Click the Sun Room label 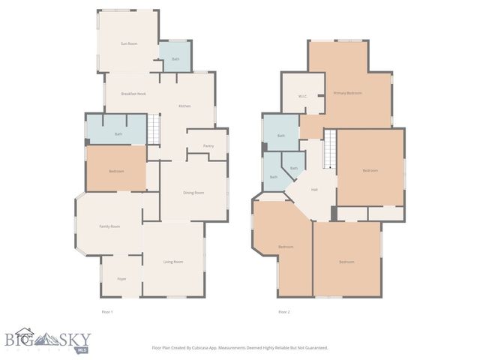pyautogui.click(x=129, y=44)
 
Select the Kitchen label pyautogui.click(x=184, y=106)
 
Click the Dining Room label pyautogui.click(x=193, y=193)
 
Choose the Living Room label pyautogui.click(x=173, y=262)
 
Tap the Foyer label pyautogui.click(x=121, y=278)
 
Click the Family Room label pyautogui.click(x=110, y=226)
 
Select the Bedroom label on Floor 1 pyautogui.click(x=116, y=171)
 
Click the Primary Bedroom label pyautogui.click(x=347, y=93)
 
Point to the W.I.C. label pyautogui.click(x=303, y=96)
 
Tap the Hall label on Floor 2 pyautogui.click(x=314, y=189)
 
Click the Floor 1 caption pyautogui.click(x=106, y=311)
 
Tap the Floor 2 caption pyautogui.click(x=284, y=311)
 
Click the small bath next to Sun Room pyautogui.click(x=175, y=58)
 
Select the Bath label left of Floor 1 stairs pyautogui.click(x=118, y=134)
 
